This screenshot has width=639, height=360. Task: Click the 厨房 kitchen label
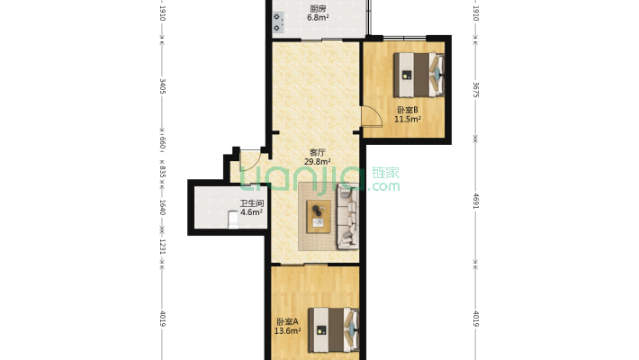318,8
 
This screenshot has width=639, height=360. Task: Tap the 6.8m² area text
318,17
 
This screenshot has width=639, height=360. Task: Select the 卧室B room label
408,111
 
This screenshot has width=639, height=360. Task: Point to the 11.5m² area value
409,120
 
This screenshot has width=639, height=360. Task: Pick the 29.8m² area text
318,163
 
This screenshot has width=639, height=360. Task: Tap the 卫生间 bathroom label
250,203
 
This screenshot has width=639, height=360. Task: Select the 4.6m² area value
251,213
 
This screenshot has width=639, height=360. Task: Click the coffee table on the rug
319,215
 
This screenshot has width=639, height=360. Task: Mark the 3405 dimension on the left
162,86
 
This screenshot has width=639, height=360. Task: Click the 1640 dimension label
162,207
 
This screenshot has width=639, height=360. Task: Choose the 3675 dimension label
475,90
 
